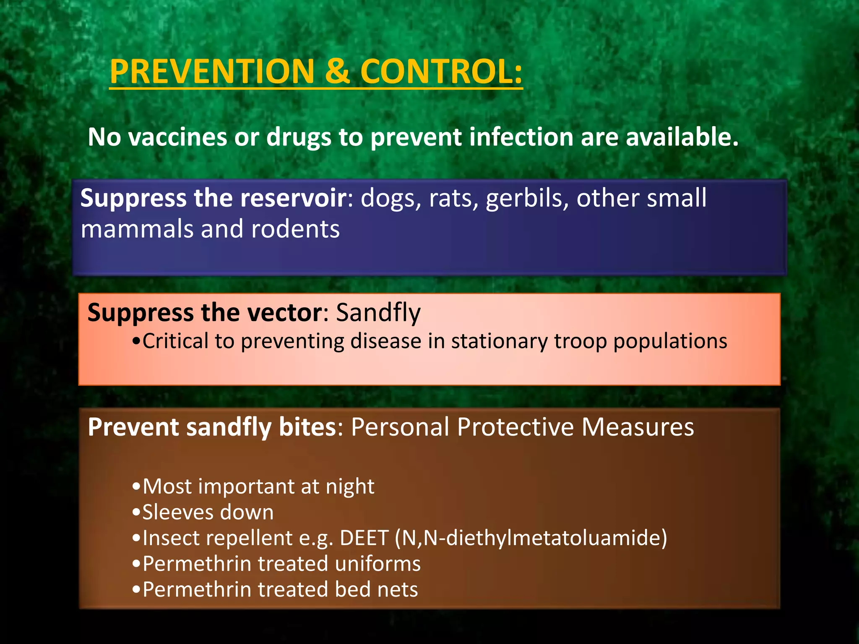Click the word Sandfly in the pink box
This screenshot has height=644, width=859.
click(x=378, y=313)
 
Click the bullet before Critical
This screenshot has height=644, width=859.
click(x=135, y=341)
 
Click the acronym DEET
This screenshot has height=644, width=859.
click(x=364, y=538)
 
